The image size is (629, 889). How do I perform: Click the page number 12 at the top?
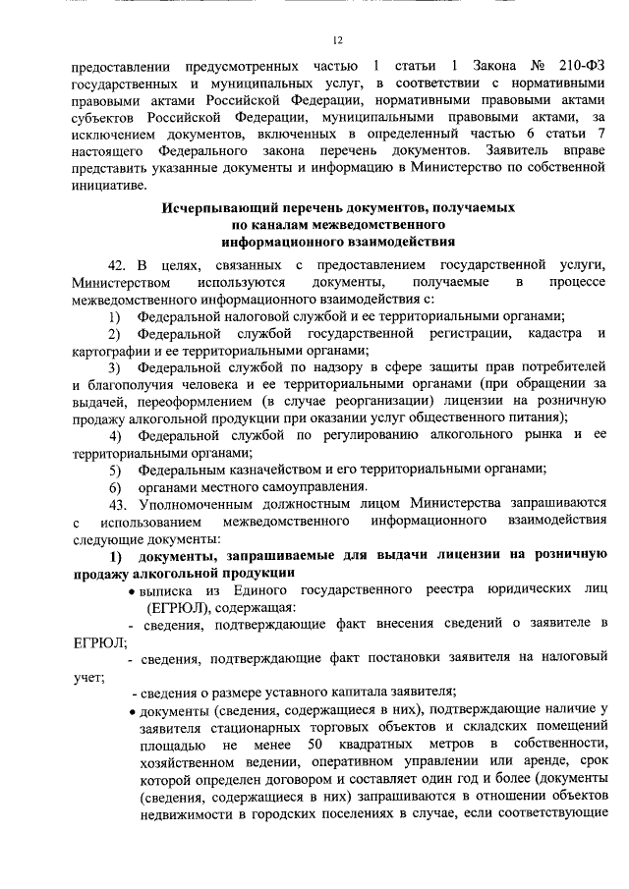336,40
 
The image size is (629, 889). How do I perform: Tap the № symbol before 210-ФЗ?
537,67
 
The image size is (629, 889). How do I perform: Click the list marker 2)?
115,335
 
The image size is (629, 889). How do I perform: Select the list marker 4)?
115,433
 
